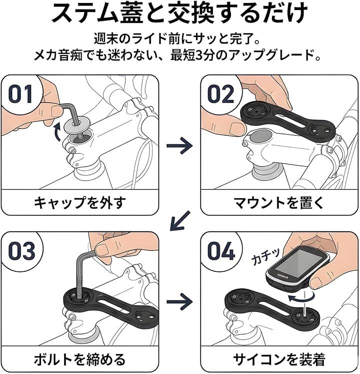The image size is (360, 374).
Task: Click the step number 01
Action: click(x=20, y=94)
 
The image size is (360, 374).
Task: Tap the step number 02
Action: click(x=221, y=94)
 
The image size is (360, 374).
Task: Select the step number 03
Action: click(x=21, y=251)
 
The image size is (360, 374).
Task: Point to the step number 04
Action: click(x=221, y=251)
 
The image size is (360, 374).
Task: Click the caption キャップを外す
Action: click(x=80, y=202)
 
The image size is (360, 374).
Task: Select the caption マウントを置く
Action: click(x=279, y=202)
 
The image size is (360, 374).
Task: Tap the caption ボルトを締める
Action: click(x=80, y=359)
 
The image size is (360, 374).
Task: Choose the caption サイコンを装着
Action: click(x=279, y=359)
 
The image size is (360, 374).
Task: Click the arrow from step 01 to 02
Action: click(x=179, y=145)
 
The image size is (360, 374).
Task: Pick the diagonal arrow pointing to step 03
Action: click(x=180, y=221)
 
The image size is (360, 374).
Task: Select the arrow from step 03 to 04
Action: click(x=179, y=302)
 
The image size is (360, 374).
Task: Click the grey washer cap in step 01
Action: click(x=76, y=126)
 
